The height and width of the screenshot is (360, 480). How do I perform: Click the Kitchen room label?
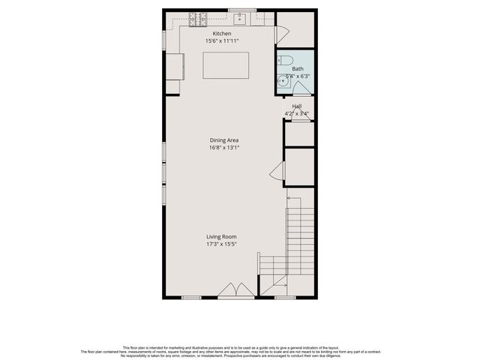222,34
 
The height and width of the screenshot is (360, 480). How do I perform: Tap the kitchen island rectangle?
226,66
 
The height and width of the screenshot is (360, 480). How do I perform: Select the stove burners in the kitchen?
199,16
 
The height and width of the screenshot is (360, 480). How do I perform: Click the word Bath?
298,69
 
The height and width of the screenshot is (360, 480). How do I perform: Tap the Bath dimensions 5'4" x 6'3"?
298,76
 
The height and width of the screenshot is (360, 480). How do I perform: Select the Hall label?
297,106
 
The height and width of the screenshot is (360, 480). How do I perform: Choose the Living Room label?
222,237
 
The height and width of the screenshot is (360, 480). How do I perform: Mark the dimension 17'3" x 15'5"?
222,244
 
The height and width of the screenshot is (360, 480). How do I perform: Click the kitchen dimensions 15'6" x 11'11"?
222,40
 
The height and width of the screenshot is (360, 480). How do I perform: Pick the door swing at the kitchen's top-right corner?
282,34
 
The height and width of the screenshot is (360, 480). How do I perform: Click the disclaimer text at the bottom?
240,350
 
